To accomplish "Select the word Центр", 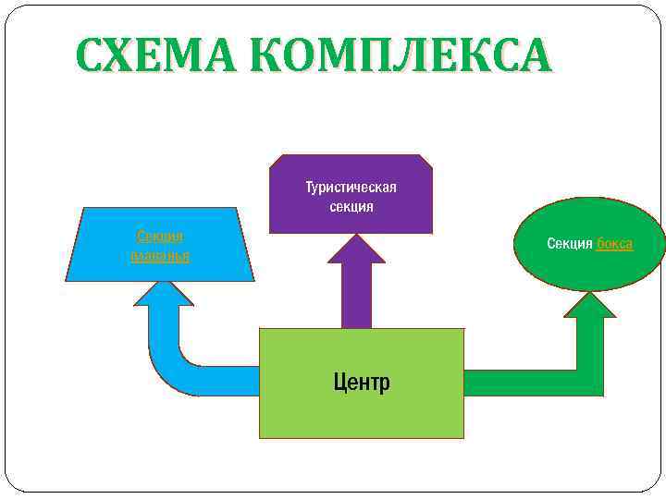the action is tap(362, 382).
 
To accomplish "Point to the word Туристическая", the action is tap(351, 188).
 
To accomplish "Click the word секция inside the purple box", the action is tap(351, 206).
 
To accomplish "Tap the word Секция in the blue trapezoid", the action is tap(159, 237).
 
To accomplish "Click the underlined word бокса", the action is tap(614, 244).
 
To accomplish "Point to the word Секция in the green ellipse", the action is tap(570, 244).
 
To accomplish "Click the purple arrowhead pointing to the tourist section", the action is tap(356, 249).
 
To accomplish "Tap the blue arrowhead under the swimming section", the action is tap(164, 293).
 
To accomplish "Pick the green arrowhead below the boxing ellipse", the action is tap(589, 306).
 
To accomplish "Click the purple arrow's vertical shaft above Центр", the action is tap(356, 296).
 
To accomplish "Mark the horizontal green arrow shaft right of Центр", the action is tap(518, 383).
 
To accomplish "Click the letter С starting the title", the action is tap(92, 56).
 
